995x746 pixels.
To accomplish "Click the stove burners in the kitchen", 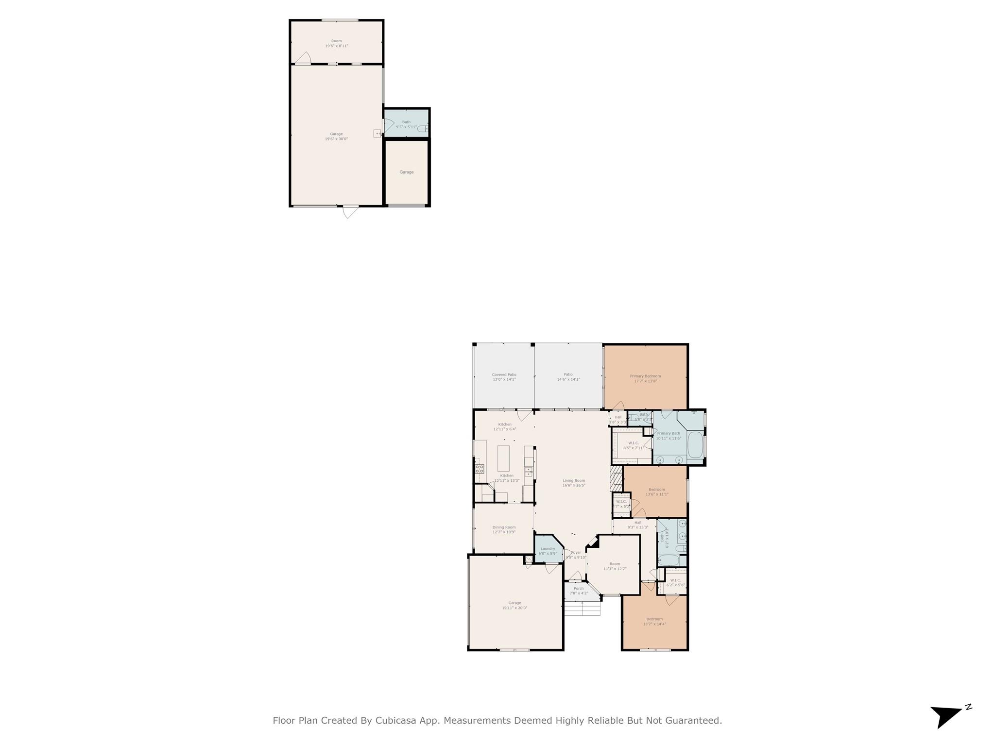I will tap(479, 469).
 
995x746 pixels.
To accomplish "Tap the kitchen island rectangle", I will tap(503, 458).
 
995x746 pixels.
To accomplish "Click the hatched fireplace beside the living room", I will tap(616, 479).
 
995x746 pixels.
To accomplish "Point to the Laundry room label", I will tap(548, 549).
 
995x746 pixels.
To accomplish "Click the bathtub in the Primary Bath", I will tap(695, 445).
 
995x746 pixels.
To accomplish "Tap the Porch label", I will tap(578, 588).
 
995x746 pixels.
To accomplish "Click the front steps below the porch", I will tap(582, 609).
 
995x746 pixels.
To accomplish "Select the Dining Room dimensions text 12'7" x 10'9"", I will tap(504, 532).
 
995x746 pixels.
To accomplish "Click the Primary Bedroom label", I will tap(645, 376).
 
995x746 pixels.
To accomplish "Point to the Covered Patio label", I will tap(504, 374).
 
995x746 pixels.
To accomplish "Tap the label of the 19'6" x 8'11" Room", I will tap(336, 41).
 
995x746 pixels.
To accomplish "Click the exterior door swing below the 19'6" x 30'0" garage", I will tap(349, 212).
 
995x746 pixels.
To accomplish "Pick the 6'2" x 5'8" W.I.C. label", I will tap(675, 580).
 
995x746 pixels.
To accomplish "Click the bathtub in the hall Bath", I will tap(669, 560).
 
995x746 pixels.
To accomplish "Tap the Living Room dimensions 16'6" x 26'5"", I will tap(574, 485).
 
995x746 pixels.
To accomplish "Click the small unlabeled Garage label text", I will tap(407, 172).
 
